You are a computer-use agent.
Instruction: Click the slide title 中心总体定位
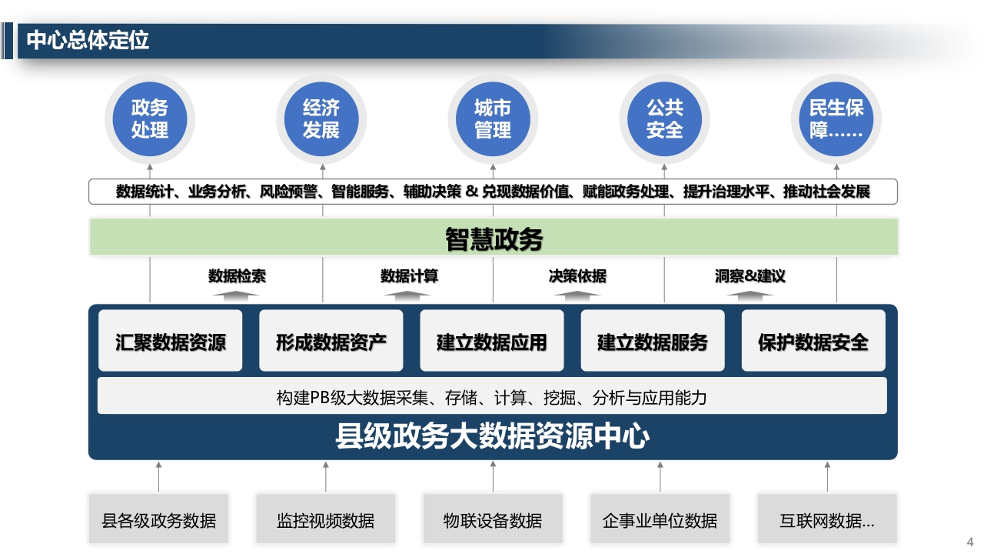tap(88, 41)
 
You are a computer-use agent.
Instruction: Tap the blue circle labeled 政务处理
tap(150, 119)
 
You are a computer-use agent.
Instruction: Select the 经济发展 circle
tap(321, 119)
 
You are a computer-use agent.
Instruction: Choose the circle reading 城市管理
tap(493, 119)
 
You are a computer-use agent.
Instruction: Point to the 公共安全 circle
tap(665, 119)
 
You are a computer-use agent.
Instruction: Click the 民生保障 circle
tap(836, 119)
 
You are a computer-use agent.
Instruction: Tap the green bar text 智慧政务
tap(494, 239)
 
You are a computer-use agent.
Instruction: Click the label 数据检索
tap(237, 276)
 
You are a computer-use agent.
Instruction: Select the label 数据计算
tap(409, 276)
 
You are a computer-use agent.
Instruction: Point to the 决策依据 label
tap(577, 276)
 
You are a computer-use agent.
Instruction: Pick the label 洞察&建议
tap(750, 276)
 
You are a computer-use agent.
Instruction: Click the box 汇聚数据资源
tap(171, 341)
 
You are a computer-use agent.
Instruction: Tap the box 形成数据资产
tap(331, 341)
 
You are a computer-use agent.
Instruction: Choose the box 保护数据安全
tap(813, 341)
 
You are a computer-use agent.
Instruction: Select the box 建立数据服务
tap(653, 341)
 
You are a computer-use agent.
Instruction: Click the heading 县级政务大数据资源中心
tap(493, 436)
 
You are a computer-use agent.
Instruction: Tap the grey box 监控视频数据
tap(325, 519)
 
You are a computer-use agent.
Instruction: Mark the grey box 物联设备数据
tap(493, 519)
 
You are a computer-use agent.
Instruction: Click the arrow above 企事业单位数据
tap(660, 476)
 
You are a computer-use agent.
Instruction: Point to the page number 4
tap(970, 542)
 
